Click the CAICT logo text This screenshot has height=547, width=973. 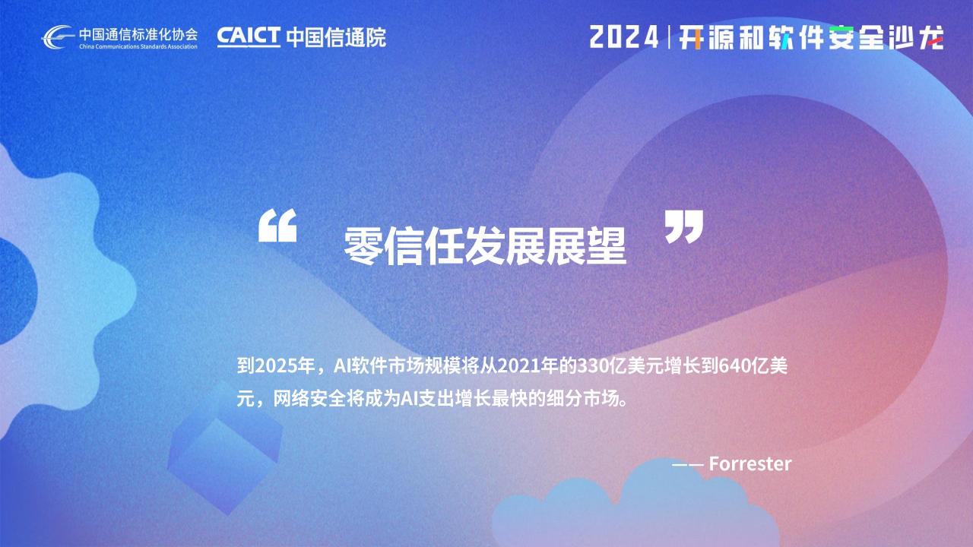point(249,36)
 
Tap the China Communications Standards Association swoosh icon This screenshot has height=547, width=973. point(58,37)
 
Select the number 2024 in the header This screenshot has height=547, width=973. point(624,37)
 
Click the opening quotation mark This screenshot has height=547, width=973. point(277,226)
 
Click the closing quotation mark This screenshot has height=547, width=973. point(684,226)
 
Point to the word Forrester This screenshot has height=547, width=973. point(750,463)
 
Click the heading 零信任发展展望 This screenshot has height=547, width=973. point(485,246)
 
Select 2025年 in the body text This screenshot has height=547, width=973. point(285,366)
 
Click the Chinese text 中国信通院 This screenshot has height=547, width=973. point(336,37)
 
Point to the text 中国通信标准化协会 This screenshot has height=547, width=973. point(138,34)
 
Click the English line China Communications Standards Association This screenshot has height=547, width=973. point(138,46)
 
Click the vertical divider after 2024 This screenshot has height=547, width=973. point(669,37)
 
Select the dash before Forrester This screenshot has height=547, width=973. point(688,464)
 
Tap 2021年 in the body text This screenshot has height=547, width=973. point(528,366)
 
